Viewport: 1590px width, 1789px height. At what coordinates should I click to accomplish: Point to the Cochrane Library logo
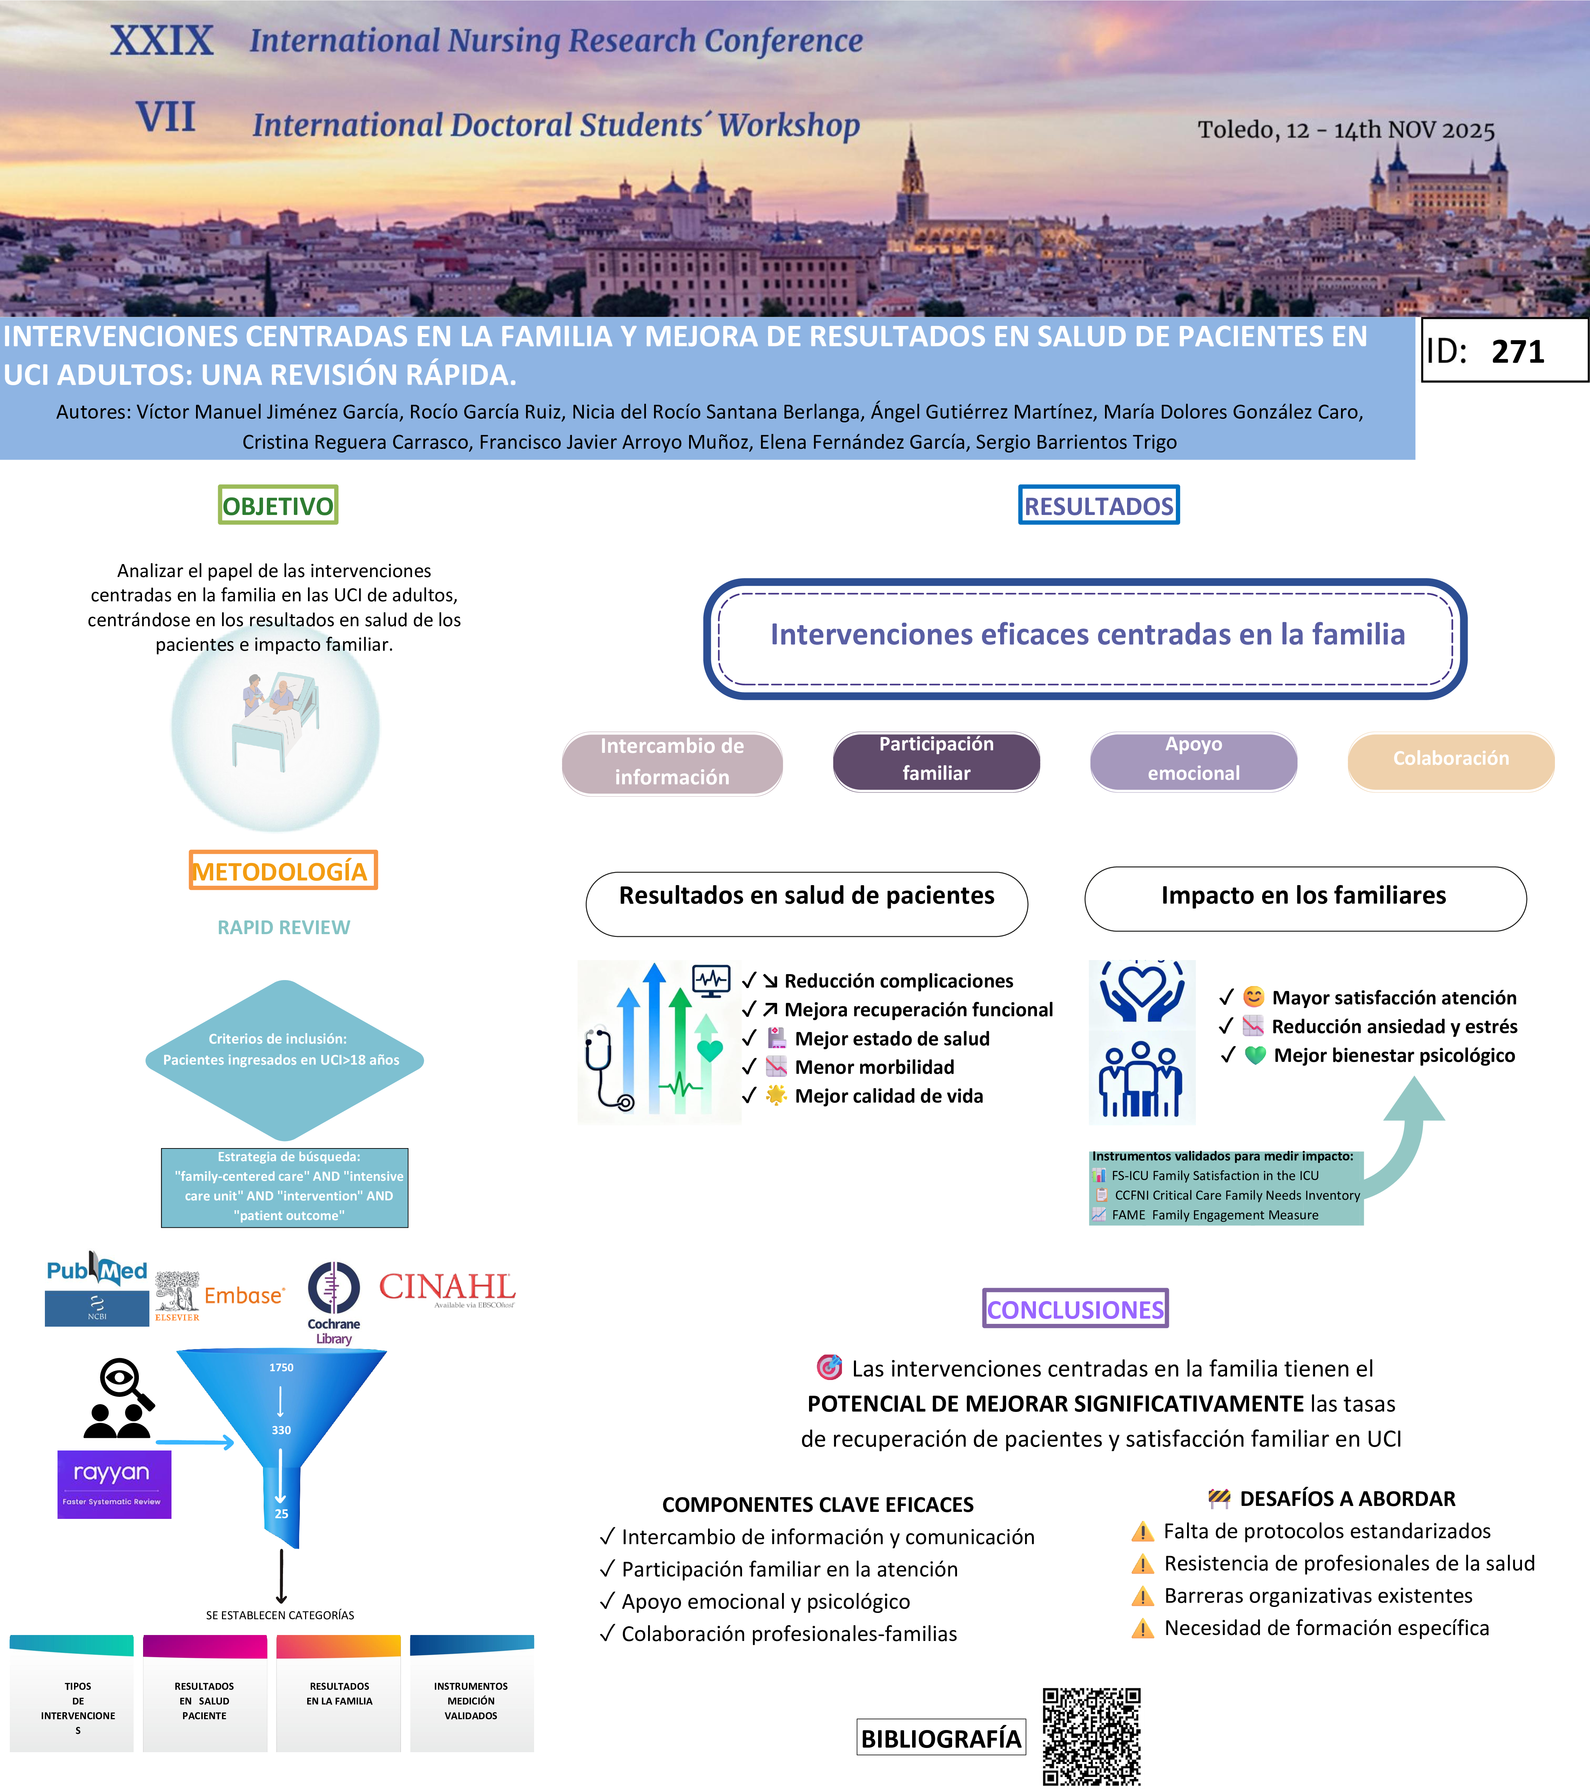(x=334, y=1301)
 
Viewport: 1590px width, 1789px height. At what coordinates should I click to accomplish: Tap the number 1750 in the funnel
(x=281, y=1367)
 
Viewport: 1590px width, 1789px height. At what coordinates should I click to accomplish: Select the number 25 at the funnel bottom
(x=281, y=1513)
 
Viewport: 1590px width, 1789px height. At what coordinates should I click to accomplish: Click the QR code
(x=1091, y=1736)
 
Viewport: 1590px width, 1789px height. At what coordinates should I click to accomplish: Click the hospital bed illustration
(x=276, y=722)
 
